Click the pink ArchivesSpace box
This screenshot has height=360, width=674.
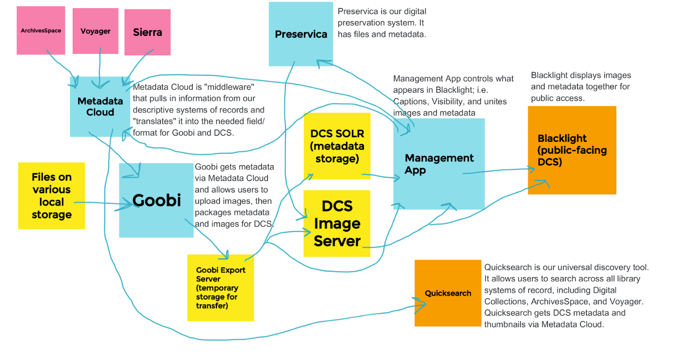point(41,30)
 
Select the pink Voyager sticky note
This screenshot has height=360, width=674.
point(95,31)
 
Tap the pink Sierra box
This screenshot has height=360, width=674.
point(147,32)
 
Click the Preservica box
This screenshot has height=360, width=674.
point(301,34)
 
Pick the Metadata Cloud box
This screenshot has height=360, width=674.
point(100,107)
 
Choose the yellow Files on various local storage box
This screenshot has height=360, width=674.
point(51,196)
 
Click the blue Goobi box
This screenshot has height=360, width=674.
point(156,200)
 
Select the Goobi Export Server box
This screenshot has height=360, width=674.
point(220,288)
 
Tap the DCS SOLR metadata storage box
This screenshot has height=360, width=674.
point(337,146)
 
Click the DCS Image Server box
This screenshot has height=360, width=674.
point(337,223)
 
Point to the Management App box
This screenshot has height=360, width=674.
point(439,164)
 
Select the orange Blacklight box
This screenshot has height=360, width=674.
point(572,150)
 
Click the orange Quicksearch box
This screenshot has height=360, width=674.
point(448,293)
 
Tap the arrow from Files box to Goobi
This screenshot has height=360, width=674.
point(103,203)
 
